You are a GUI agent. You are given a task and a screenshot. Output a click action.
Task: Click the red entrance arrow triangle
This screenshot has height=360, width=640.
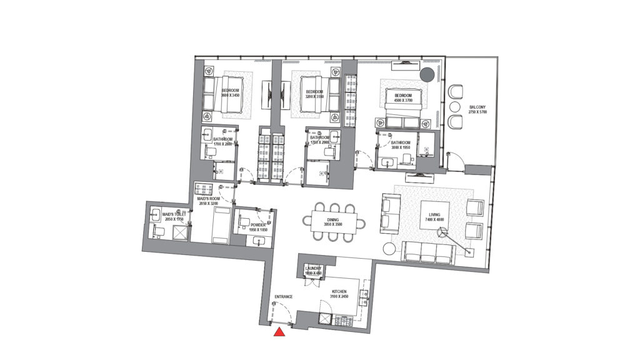[280, 331]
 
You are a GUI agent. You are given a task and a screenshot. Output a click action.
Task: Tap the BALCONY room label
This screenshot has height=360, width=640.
[477, 107]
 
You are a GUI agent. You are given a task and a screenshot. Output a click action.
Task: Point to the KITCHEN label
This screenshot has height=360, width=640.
[339, 291]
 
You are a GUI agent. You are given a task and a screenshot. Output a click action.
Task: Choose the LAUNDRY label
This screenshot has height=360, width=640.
[312, 268]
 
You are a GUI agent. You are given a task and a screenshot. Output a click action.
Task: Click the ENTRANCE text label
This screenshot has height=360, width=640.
[284, 296]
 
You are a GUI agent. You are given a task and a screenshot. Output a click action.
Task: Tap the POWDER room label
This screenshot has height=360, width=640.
[257, 224]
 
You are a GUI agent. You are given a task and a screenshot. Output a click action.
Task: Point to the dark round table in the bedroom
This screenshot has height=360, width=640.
[426, 76]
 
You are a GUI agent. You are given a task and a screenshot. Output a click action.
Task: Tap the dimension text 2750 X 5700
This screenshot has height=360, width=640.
[477, 112]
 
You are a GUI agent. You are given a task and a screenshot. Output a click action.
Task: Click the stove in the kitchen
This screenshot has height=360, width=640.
[344, 321]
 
